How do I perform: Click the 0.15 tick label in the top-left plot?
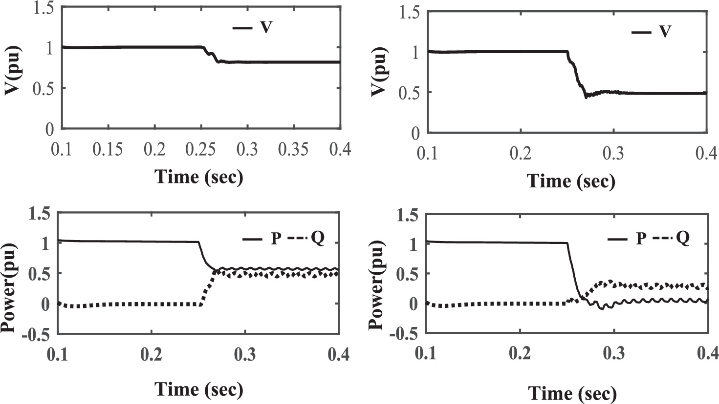tap(108, 148)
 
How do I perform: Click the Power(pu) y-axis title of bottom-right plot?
tap(377, 274)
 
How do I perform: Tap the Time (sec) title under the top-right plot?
tap(571, 181)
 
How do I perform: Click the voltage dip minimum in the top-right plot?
tap(586, 98)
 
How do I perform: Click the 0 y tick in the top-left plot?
tap(49, 129)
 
